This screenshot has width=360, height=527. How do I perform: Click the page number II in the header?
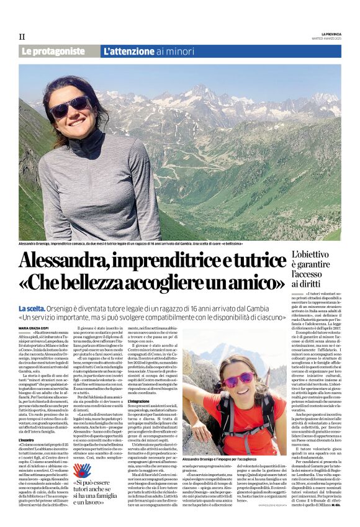click(x=21, y=37)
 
